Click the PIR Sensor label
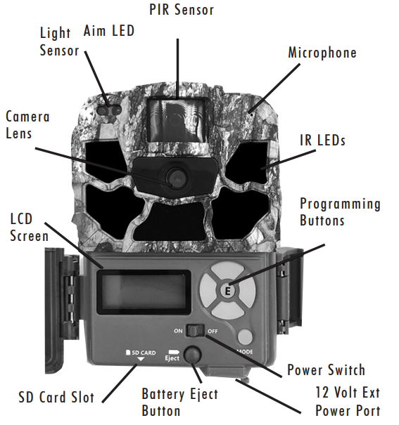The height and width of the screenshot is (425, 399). [x=182, y=10]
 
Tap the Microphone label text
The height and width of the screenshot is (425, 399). [x=322, y=53]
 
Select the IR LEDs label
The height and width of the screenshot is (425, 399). [x=323, y=140]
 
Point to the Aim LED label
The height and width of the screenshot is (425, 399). [x=109, y=31]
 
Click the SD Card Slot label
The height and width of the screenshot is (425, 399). [x=56, y=398]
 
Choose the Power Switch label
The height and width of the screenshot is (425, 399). [x=326, y=370]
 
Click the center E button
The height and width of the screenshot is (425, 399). [x=228, y=291]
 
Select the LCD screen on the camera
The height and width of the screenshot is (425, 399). [x=144, y=292]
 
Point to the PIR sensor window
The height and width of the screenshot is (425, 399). [x=176, y=119]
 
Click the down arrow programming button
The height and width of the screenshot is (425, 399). [x=228, y=310]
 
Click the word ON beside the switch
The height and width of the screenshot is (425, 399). [x=178, y=331]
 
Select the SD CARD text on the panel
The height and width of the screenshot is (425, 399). [x=141, y=353]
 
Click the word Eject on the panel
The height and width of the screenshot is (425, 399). [x=172, y=358]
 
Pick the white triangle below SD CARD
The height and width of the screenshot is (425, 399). [x=141, y=359]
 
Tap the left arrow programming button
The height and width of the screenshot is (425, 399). [x=208, y=291]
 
